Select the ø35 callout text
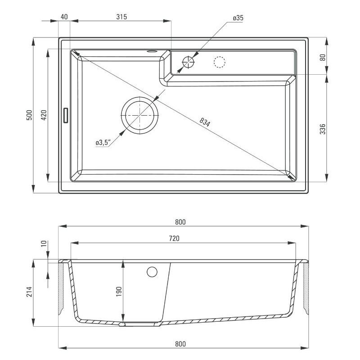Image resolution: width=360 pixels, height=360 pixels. (x=238, y=18)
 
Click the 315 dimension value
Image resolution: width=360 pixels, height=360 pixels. (x=121, y=17)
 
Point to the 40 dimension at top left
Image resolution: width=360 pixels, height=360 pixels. (x=63, y=17)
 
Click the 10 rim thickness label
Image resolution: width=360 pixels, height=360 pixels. (x=44, y=244)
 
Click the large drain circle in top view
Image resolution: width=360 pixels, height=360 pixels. (x=139, y=115)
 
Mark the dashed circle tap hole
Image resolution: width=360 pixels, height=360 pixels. (x=219, y=62)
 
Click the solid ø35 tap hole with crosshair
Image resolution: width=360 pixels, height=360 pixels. (x=188, y=62)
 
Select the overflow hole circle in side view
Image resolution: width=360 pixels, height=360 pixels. (x=152, y=271)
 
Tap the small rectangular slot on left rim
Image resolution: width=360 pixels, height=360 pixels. (x=66, y=115)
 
